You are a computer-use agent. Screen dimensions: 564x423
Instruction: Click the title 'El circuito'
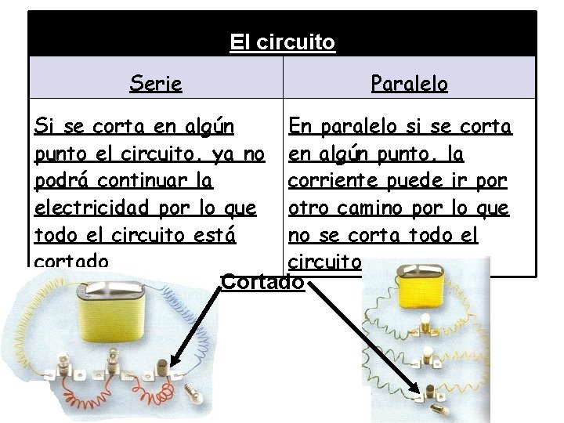pos(282,42)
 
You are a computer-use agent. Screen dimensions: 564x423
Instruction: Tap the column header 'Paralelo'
pos(409,82)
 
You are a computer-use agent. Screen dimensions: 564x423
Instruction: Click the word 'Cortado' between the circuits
pos(262,280)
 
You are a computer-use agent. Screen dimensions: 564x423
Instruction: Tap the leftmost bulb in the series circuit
pos(60,360)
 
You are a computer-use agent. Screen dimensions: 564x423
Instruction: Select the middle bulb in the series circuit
pos(114,357)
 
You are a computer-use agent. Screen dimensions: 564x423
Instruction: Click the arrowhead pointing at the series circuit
pos(173,363)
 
